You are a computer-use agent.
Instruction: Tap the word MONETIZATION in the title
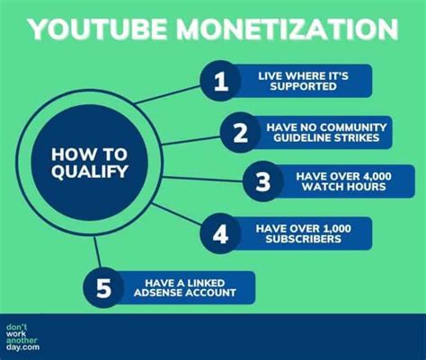coord(287,30)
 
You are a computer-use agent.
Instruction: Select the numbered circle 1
coord(221,81)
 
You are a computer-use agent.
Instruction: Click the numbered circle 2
coord(241,132)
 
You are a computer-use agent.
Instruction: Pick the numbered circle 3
coord(263,181)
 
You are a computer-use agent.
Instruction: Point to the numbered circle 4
coord(221,233)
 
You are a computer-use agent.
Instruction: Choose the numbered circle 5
coord(103,287)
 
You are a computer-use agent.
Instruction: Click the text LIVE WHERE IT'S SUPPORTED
coord(303,81)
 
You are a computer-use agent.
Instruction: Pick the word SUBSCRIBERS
coord(303,239)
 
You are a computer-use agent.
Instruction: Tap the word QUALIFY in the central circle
coord(90,171)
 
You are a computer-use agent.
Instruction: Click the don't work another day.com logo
coord(22,338)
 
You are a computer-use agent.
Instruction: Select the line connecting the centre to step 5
coord(97,252)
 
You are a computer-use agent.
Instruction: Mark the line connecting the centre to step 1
coord(167,94)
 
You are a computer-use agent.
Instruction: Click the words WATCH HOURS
coord(343,187)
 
